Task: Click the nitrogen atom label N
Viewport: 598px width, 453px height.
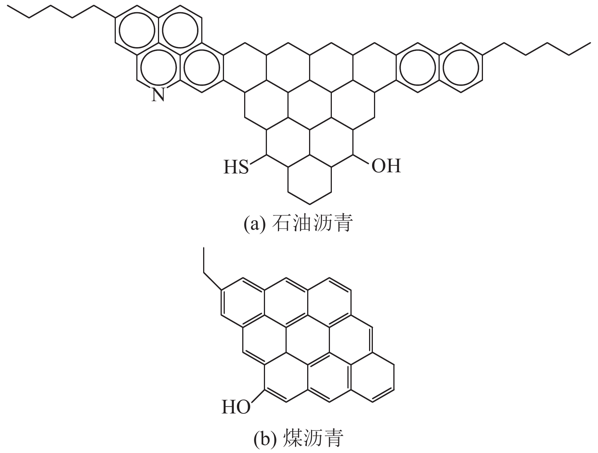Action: pyautogui.click(x=158, y=94)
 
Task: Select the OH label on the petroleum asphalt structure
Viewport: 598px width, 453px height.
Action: pyautogui.click(x=386, y=166)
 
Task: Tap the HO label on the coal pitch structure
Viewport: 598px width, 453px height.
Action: pyautogui.click(x=236, y=407)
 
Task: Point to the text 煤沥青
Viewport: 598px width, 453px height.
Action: pyautogui.click(x=313, y=439)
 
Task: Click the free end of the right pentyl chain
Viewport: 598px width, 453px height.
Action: pyautogui.click(x=590, y=43)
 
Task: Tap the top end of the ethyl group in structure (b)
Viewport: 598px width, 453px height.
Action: pyautogui.click(x=204, y=248)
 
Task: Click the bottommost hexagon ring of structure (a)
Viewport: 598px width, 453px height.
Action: pyautogui.click(x=310, y=181)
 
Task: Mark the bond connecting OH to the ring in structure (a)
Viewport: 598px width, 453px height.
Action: pyautogui.click(x=361, y=160)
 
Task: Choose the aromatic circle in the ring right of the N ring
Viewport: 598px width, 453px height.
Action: pyautogui.click(x=202, y=68)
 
